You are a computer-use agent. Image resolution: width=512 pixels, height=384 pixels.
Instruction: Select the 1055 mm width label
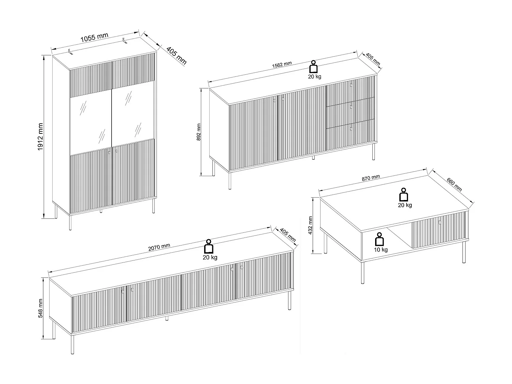94,37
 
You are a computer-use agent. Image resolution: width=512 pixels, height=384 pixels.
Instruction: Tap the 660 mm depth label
454,184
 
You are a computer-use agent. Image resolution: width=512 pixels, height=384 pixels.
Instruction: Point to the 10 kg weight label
381,250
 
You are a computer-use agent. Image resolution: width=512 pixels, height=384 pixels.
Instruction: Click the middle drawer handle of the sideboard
351,107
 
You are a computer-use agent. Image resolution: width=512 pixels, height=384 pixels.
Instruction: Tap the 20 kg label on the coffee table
404,205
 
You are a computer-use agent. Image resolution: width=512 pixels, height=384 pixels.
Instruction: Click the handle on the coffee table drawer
440,223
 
